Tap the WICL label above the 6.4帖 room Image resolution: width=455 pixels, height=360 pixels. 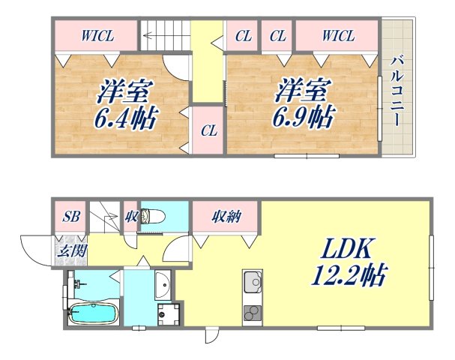[97, 34]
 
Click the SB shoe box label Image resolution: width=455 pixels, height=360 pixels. [71, 217]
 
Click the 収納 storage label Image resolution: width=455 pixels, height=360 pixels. [226, 217]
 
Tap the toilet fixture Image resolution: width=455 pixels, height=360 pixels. [154, 217]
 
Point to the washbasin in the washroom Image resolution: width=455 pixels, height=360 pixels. [163, 285]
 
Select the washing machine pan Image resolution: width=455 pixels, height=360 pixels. [169, 314]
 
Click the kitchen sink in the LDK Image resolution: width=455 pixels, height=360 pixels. [252, 286]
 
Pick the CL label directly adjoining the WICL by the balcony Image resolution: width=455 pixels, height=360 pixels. [277, 34]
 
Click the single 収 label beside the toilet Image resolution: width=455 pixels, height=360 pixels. [130, 217]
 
